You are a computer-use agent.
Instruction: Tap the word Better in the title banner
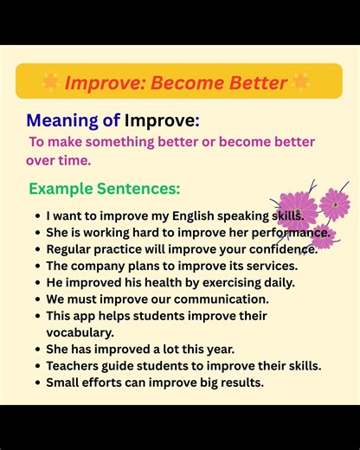[258, 83]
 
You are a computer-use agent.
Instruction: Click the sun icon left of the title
[51, 82]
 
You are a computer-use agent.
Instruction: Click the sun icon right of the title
[300, 82]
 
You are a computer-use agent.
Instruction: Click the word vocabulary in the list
[80, 331]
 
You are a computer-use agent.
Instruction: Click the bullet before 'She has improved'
[36, 349]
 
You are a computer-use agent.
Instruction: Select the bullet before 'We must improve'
[36, 299]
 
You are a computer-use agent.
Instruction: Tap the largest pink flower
[297, 210]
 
